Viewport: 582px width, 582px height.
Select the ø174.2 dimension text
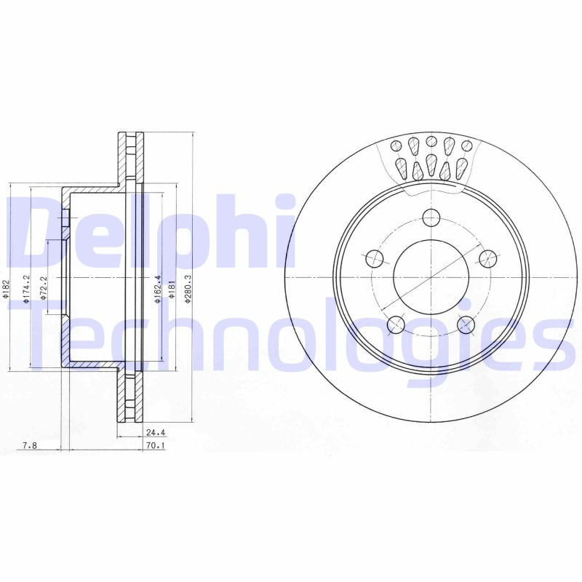26,289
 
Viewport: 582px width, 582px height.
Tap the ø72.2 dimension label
44,288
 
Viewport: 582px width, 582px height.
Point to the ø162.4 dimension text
158,290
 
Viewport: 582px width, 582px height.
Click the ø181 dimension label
172,290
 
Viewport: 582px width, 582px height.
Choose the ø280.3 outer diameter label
188,290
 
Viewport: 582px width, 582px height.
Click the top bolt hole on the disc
431,218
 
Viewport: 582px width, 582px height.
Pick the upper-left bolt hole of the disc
374,258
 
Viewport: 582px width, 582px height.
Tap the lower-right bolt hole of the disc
466,324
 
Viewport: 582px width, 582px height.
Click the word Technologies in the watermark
291,335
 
